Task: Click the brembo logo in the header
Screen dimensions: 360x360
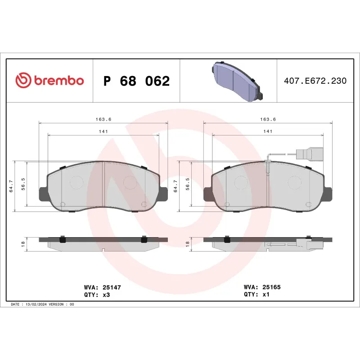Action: click(49, 81)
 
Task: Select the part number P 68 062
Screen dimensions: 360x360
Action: click(136, 81)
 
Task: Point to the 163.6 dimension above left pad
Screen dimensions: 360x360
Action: click(103, 119)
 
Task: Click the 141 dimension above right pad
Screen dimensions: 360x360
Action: click(268, 131)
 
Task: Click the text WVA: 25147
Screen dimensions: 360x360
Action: click(103, 287)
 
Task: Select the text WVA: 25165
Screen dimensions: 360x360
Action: click(262, 287)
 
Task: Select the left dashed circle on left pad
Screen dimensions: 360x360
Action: click(76, 181)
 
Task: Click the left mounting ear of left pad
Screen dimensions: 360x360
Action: click(43, 193)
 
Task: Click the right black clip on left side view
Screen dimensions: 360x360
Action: click(144, 239)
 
